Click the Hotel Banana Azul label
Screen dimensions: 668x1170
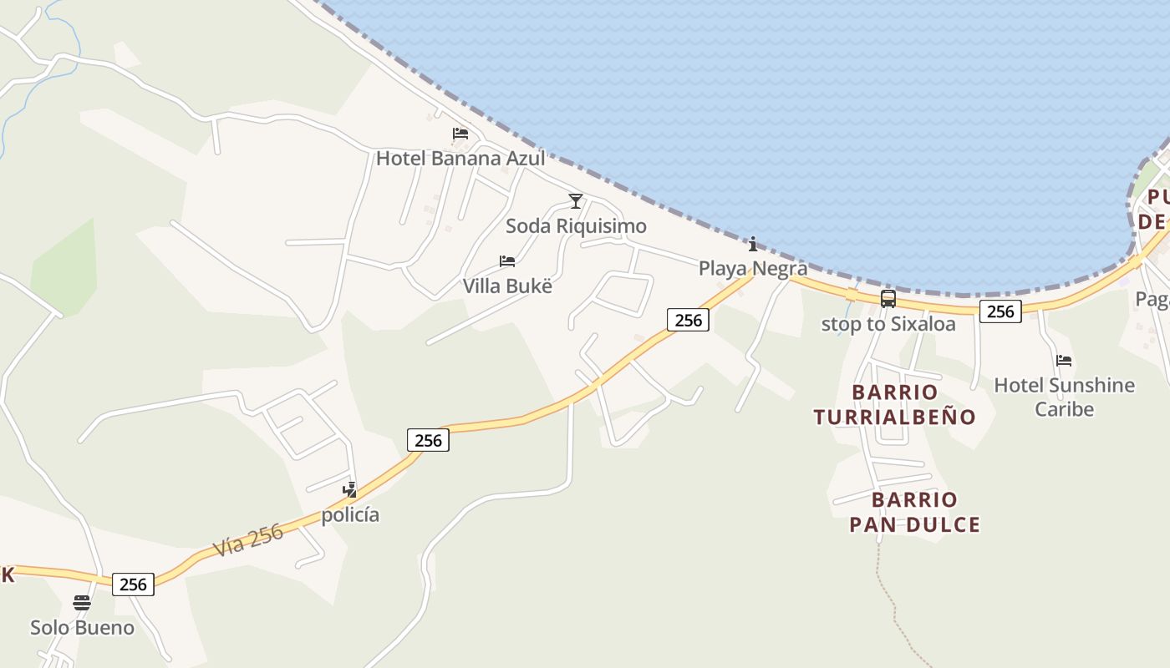(x=460, y=158)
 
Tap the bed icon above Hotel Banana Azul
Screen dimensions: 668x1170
(x=460, y=134)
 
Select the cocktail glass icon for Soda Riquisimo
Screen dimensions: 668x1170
(x=575, y=201)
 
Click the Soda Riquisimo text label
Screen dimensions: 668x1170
(x=576, y=226)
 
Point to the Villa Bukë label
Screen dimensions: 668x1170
(x=507, y=286)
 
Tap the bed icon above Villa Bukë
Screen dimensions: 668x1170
(x=507, y=261)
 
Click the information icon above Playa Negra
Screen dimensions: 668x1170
(x=753, y=244)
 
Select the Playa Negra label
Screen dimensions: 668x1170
(x=753, y=268)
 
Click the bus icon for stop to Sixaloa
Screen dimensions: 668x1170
(x=888, y=299)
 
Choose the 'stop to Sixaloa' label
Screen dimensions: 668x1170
(x=888, y=324)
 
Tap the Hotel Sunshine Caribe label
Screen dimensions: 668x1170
(x=1064, y=397)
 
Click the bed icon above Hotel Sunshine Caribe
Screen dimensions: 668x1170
(x=1064, y=361)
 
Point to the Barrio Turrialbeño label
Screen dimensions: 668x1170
(x=895, y=404)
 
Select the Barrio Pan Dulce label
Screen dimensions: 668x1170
(x=914, y=512)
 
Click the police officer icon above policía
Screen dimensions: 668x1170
(x=350, y=490)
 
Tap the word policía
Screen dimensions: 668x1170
(x=350, y=514)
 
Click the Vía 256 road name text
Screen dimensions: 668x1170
(x=248, y=540)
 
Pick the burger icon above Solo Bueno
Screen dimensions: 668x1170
(x=82, y=603)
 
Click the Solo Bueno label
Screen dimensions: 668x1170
(x=82, y=627)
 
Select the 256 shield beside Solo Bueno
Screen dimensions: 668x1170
(x=133, y=584)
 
